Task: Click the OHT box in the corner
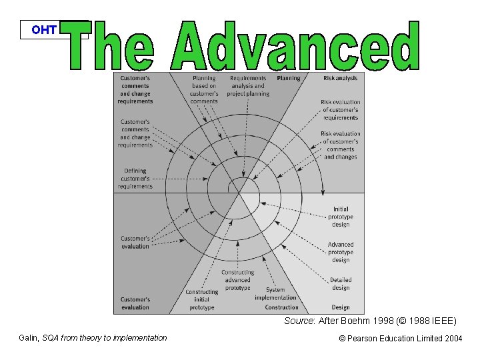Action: (45, 30)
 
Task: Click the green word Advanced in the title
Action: (295, 46)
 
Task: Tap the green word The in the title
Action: (111, 46)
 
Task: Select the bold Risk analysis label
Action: (340, 79)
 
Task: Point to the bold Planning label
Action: (289, 79)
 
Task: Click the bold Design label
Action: (341, 307)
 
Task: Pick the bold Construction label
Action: (282, 307)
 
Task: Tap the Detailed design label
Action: (341, 284)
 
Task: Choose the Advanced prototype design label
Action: (341, 252)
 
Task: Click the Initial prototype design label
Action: (341, 217)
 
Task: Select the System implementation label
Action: (275, 294)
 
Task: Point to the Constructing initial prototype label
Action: (201, 300)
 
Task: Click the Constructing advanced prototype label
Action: (238, 280)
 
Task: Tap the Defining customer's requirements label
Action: (135, 179)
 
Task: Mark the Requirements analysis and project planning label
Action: (248, 86)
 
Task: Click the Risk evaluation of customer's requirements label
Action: (340, 110)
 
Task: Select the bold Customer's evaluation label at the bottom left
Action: (135, 303)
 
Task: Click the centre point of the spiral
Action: (239, 192)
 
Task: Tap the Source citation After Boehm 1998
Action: (370, 321)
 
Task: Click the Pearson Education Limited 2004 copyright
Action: (400, 339)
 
